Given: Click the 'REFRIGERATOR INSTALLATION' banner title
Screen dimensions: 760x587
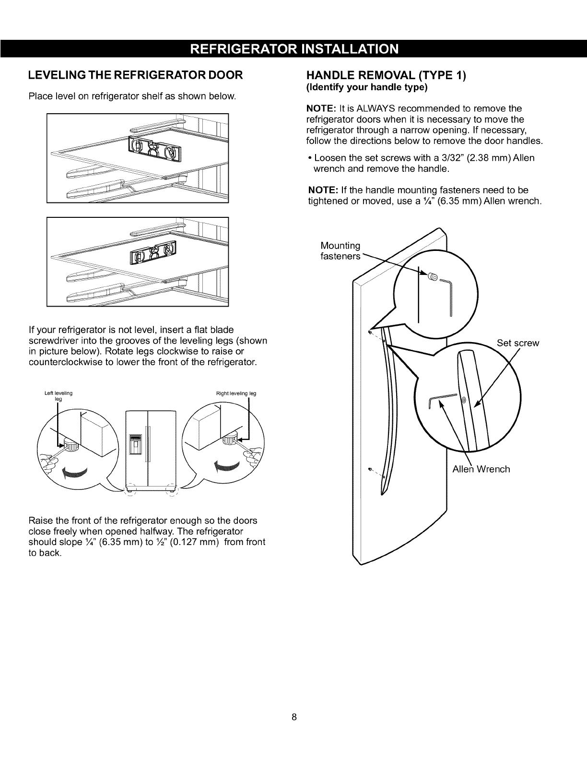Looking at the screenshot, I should (x=293, y=48).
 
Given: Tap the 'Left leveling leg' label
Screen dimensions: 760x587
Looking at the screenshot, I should (x=58, y=396).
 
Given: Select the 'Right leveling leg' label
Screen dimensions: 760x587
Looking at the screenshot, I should (x=236, y=393).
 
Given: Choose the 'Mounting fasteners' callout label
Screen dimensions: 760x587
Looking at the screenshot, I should (x=340, y=251).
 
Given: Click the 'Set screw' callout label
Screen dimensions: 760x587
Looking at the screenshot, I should (x=518, y=343).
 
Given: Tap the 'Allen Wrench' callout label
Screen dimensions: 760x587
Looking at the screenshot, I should (x=481, y=469).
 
